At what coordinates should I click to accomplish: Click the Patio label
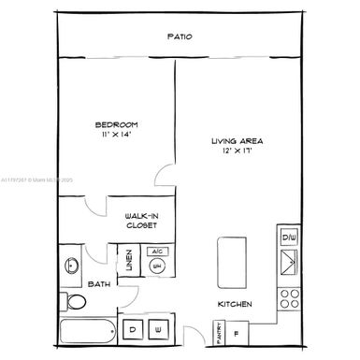180,36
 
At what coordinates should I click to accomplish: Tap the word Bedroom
116,124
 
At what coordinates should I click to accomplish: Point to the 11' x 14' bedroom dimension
116,136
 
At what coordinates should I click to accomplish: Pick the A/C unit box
158,252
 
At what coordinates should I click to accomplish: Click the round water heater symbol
158,266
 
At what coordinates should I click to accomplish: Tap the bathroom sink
71,266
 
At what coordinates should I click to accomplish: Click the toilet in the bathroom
77,301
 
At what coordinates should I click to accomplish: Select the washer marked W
158,330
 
